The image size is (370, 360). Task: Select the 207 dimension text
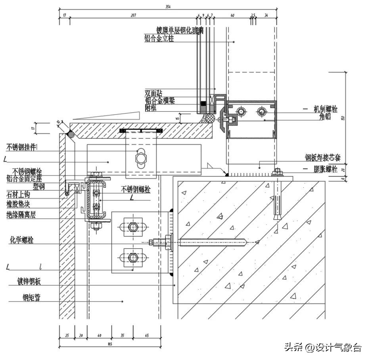pos(133,15)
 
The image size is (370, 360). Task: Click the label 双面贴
pos(153,93)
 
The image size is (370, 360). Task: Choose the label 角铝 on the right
pos(325,117)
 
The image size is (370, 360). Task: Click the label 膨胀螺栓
pos(325,169)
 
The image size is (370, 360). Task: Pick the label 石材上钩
pos(18,194)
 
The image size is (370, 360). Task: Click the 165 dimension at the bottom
pos(109,344)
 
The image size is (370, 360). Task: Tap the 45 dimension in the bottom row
pos(147,335)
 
